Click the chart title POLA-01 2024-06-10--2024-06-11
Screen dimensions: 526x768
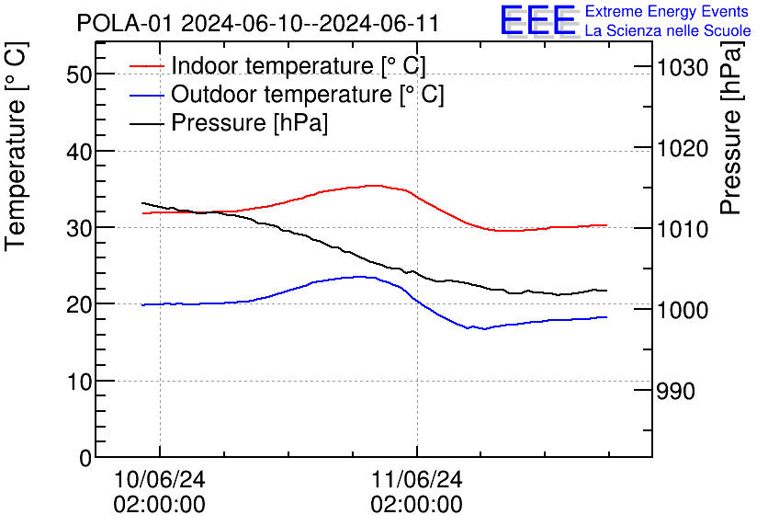click(x=258, y=23)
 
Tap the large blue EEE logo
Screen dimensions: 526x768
click(x=537, y=20)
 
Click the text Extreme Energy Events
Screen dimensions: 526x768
click(x=667, y=12)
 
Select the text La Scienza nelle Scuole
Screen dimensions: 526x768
click(x=668, y=31)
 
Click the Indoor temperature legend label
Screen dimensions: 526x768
click(x=299, y=66)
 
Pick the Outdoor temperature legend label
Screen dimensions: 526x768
click(x=308, y=95)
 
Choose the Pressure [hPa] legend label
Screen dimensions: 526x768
click(x=250, y=123)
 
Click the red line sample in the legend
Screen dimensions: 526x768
click(x=147, y=66)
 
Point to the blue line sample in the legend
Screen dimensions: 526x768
click(x=147, y=95)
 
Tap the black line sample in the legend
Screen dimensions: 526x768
click(x=147, y=123)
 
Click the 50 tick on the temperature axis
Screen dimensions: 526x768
click(x=79, y=74)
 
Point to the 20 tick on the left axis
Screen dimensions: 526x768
click(x=79, y=304)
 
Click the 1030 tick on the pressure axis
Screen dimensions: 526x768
click(x=681, y=67)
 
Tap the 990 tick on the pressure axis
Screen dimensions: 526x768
click(x=675, y=392)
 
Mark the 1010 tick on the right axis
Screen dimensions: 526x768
click(x=681, y=229)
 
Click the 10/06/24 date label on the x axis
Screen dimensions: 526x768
click(x=159, y=480)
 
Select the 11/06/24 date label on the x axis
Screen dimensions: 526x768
click(x=416, y=480)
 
